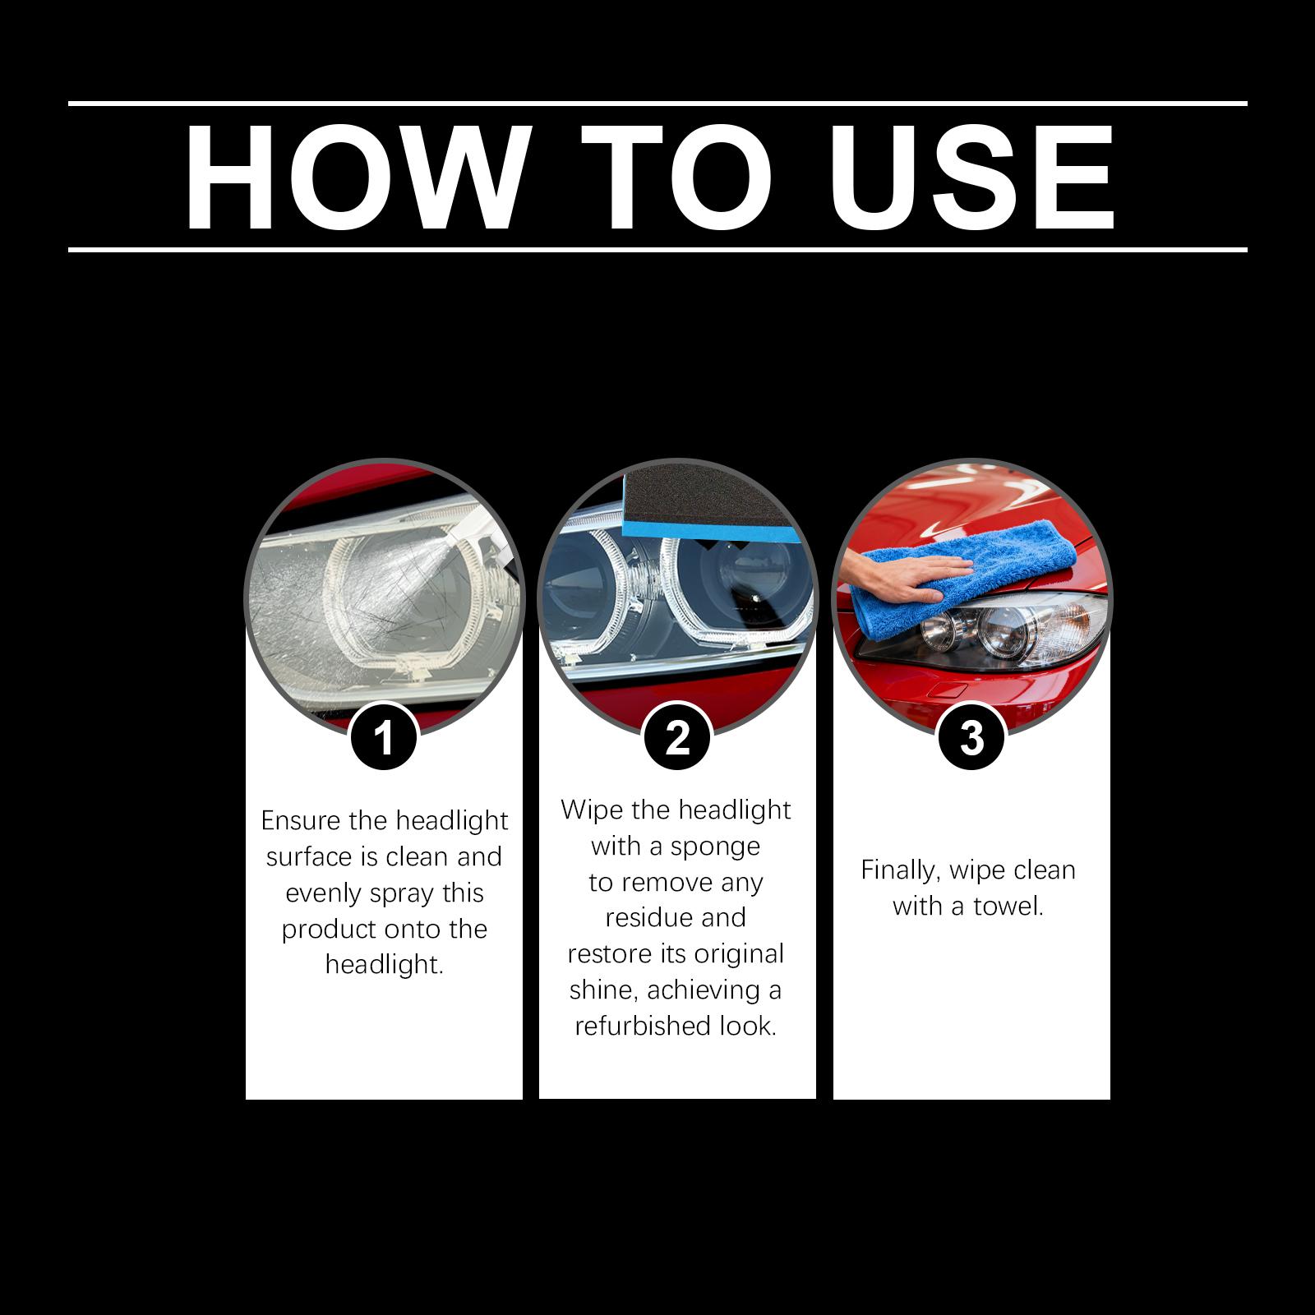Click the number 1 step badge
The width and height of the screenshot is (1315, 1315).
(385, 736)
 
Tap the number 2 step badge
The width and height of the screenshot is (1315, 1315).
(678, 736)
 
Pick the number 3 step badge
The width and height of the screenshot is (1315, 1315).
(972, 736)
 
